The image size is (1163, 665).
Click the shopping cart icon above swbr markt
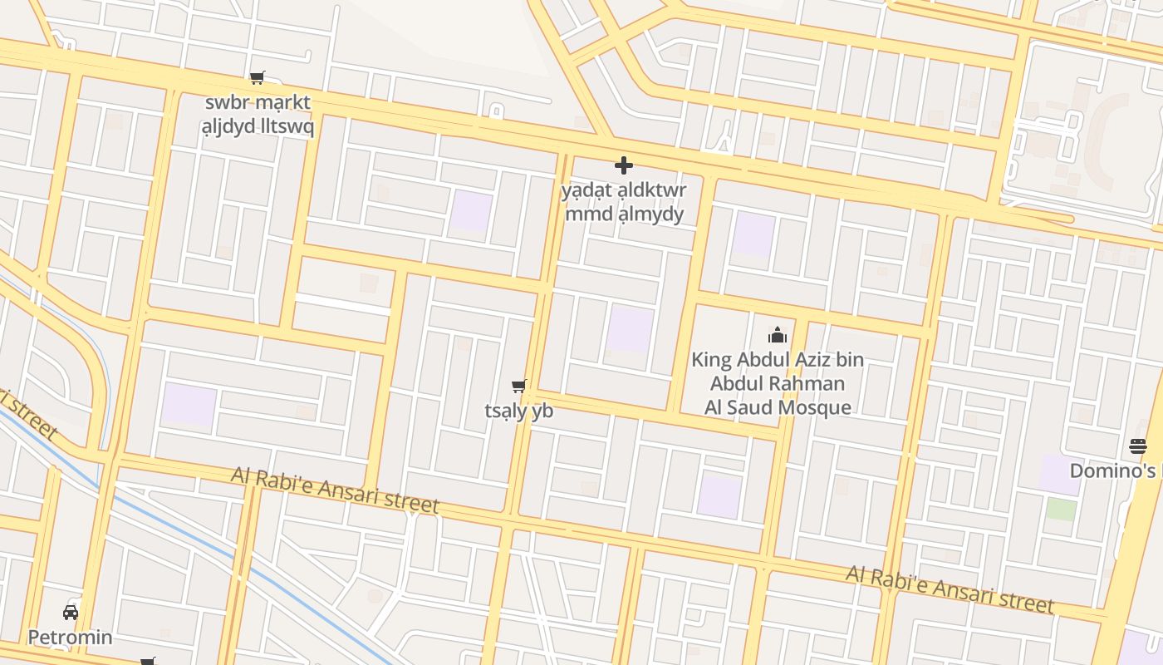click(258, 78)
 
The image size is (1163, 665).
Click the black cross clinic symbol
click(624, 165)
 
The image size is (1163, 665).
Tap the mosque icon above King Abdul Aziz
click(778, 335)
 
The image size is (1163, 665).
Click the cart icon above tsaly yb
click(519, 386)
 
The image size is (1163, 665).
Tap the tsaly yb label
click(519, 411)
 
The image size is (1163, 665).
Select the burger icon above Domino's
click(1138, 446)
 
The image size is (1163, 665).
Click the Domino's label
click(1113, 471)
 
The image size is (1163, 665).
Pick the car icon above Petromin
click(71, 613)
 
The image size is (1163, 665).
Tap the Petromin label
click(71, 638)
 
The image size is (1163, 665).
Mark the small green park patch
click(1061, 509)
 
